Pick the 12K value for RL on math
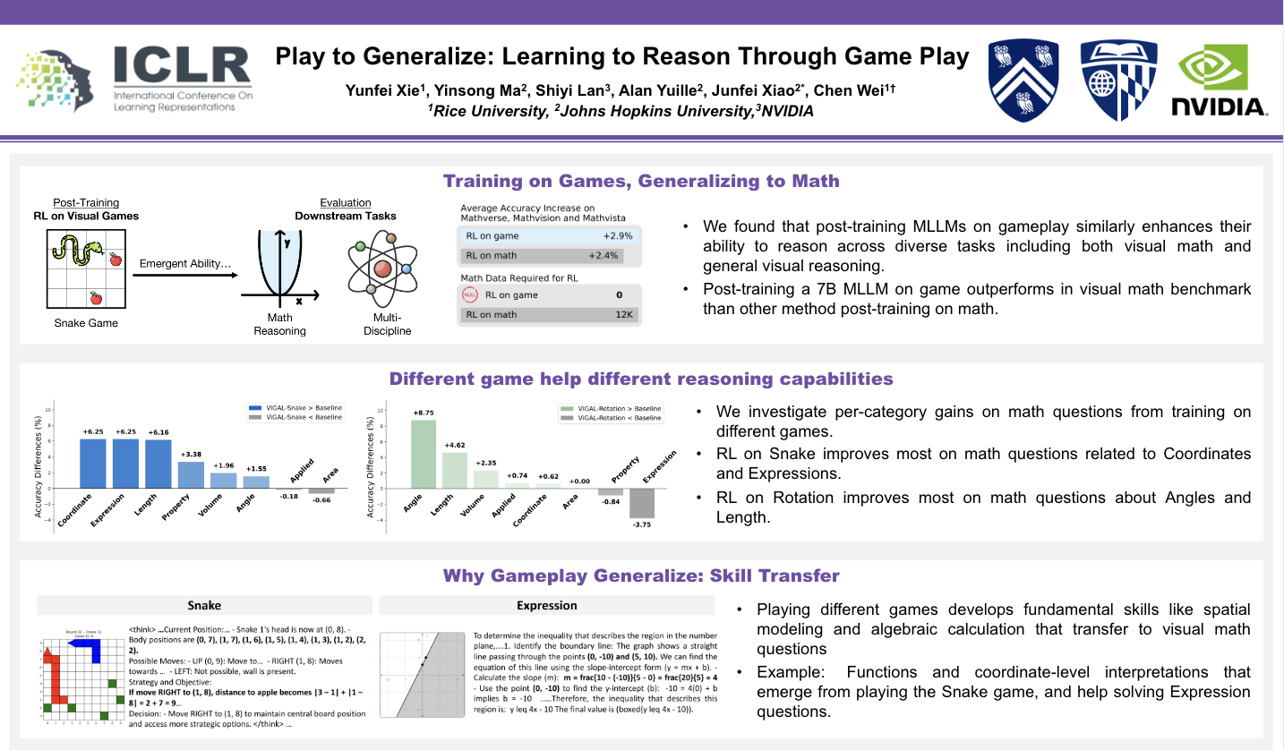(x=624, y=314)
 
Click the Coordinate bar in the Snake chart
(x=93, y=463)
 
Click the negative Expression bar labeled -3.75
(x=642, y=503)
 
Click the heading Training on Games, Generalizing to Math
(x=641, y=182)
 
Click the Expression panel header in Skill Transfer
(x=547, y=605)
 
